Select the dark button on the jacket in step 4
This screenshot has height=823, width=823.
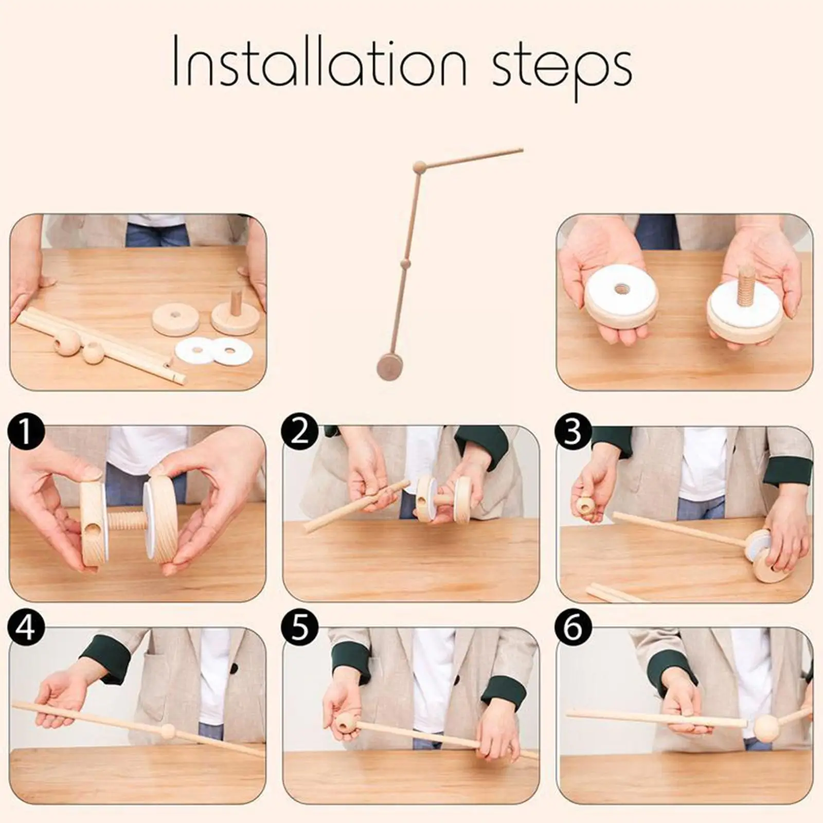[x=234, y=668]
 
